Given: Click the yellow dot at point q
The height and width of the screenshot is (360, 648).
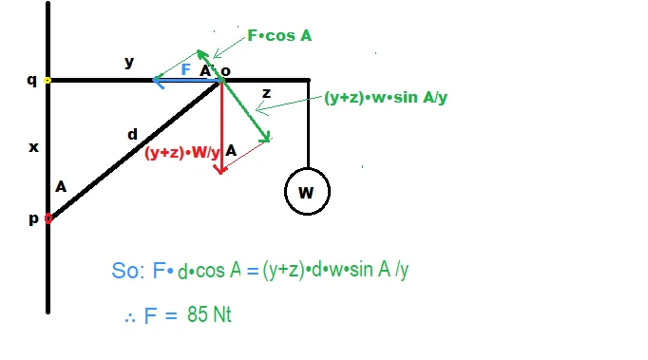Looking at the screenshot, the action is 48,80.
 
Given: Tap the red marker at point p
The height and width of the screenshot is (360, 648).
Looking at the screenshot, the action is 48,218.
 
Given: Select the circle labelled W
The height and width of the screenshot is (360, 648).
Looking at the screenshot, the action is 307,191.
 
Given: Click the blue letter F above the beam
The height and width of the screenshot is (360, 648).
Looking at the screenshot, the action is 186,69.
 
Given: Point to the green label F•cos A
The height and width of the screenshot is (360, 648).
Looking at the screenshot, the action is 279,35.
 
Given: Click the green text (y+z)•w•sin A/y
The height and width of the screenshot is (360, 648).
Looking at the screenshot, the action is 386,98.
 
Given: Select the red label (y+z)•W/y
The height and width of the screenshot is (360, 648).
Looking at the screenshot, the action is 181,153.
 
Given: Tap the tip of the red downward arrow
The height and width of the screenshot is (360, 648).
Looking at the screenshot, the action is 221,173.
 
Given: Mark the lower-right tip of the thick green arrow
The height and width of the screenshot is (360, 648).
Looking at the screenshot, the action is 270,141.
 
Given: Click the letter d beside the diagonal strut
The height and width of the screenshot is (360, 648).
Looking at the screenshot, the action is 132,134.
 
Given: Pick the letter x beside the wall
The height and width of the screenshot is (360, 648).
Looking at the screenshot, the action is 33,147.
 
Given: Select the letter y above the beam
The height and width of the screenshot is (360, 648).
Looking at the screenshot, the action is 129,62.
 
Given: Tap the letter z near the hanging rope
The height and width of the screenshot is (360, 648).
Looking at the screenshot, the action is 267,93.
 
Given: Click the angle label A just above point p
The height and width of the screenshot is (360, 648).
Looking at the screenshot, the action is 61,187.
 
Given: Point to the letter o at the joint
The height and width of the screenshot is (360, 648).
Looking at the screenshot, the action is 225,71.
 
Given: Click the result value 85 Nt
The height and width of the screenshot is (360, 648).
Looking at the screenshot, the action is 209,314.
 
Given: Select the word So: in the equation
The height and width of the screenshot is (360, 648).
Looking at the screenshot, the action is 127,271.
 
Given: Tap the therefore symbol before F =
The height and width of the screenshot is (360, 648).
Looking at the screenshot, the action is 130,318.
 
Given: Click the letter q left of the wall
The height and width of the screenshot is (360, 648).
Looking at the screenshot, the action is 31,80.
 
